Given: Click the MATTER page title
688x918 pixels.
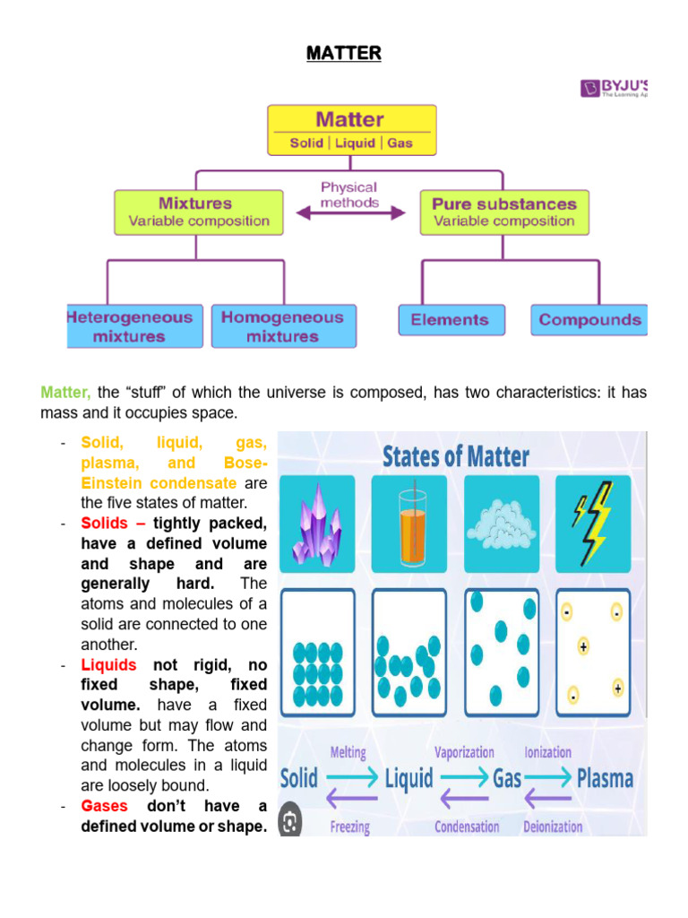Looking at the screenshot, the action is tap(343, 54).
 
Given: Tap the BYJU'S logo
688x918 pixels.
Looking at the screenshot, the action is tap(615, 88).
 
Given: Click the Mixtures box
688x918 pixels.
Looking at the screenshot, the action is tap(199, 211).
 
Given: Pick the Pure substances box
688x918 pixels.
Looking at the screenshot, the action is tap(504, 211).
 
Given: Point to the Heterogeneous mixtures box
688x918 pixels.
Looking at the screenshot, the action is tap(129, 326).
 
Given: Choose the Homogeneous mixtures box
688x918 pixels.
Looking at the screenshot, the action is tap(282, 326).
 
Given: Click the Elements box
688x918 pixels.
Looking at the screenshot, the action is tap(450, 320).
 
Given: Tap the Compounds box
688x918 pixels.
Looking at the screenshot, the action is tap(589, 320).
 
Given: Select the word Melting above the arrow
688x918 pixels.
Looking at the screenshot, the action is tap(348, 752).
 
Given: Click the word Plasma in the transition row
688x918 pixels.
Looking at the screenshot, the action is tap(605, 777).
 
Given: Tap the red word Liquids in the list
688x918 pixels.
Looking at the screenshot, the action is tap(108, 664).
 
